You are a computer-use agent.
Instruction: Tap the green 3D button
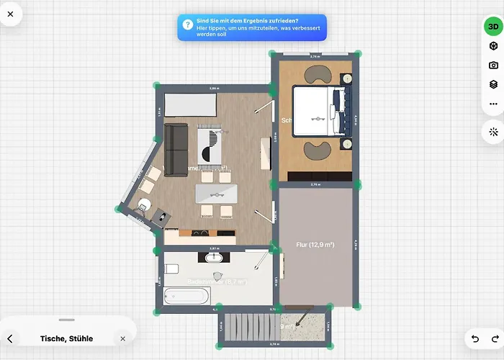pyautogui.click(x=493, y=27)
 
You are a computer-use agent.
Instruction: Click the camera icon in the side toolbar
pyautogui.click(x=493, y=66)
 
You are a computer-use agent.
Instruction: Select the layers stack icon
pyautogui.click(x=493, y=84)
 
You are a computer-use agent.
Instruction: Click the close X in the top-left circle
pyautogui.click(x=10, y=14)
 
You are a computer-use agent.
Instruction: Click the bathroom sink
pyautogui.click(x=213, y=258)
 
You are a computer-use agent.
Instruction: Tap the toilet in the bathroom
pyautogui.click(x=171, y=269)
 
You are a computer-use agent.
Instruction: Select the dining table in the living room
pyautogui.click(x=216, y=193)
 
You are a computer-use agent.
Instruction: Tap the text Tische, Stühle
pyautogui.click(x=66, y=338)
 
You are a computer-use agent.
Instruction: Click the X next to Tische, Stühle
pyautogui.click(x=122, y=338)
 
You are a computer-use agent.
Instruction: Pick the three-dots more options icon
pyautogui.click(x=493, y=104)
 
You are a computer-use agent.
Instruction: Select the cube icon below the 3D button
pyautogui.click(x=493, y=47)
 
